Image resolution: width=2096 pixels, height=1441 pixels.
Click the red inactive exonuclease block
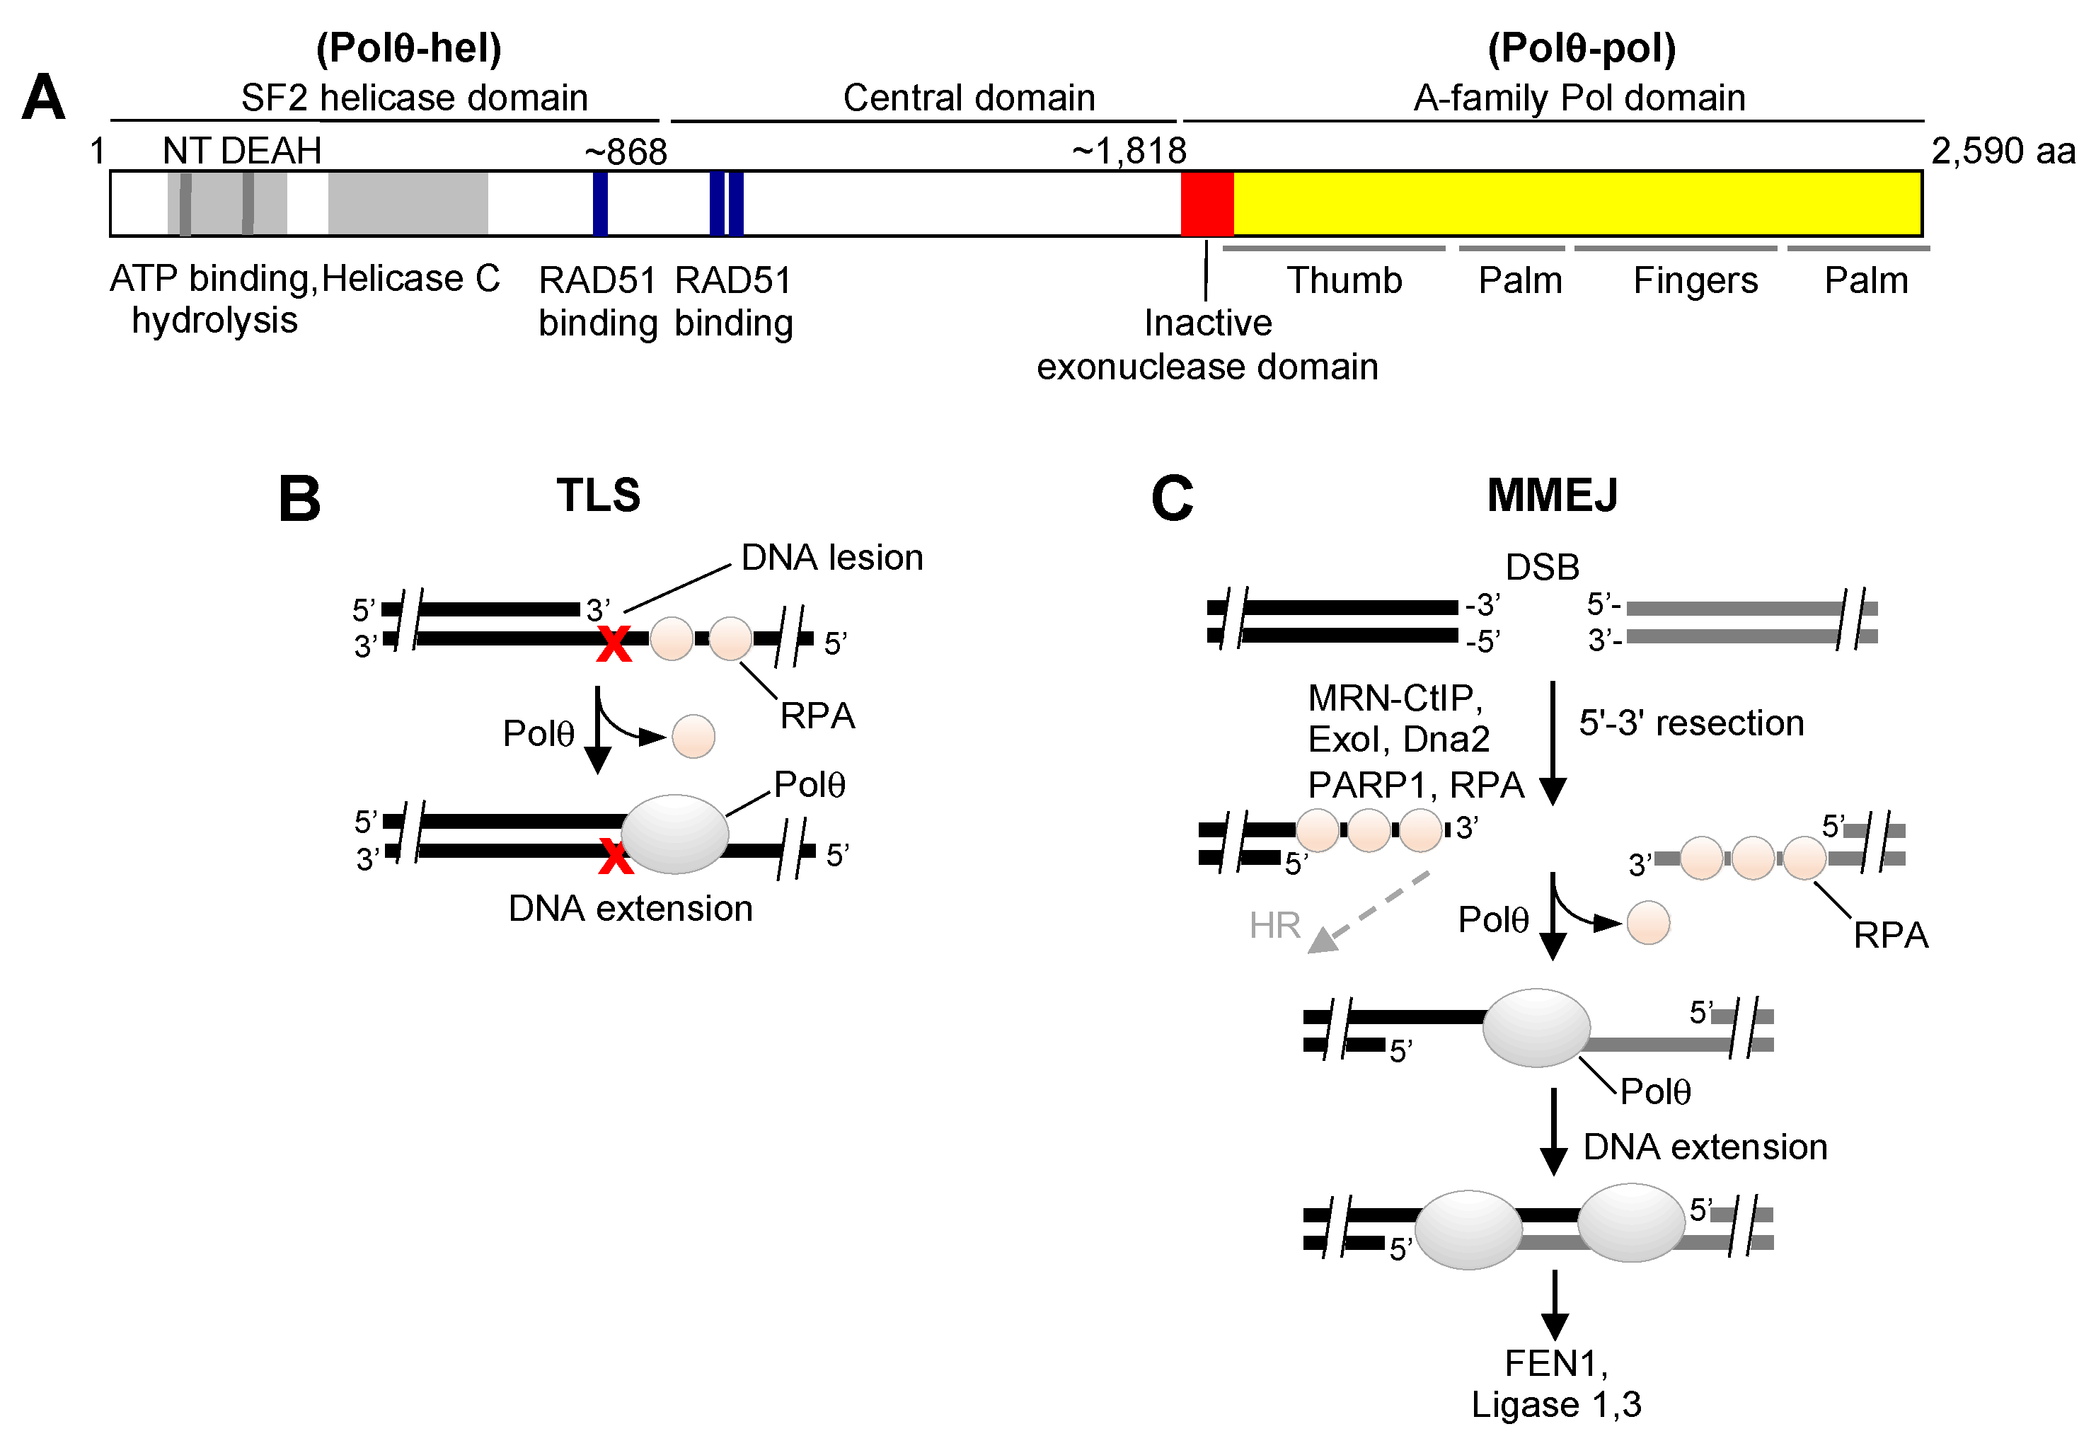1207,203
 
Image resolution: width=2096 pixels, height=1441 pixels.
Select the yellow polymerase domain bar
1576,203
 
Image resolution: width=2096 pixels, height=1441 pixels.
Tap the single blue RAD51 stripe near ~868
600,203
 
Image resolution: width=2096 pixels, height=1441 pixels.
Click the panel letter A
43,98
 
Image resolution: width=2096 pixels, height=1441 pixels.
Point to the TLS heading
597,495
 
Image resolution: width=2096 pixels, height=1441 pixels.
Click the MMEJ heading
1552,495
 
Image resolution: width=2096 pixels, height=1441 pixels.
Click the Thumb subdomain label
1343,281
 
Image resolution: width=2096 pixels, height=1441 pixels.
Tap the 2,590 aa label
2002,151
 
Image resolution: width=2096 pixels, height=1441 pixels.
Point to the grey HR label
1274,926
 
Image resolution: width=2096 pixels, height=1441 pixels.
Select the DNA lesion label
831,557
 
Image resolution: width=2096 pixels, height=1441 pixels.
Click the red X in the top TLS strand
614,645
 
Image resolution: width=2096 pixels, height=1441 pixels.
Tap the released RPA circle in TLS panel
693,736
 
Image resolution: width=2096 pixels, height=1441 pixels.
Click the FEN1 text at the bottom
1555,1363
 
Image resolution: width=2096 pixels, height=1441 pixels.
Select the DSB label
1542,567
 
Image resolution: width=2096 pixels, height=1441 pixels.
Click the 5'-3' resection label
1691,723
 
